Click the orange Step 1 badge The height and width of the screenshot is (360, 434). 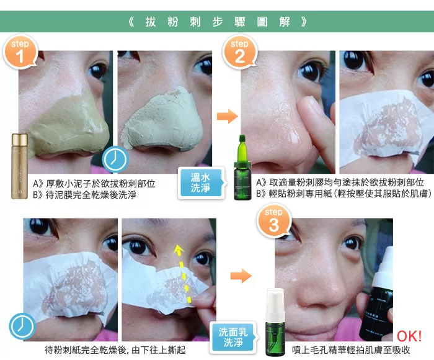[x=20, y=52]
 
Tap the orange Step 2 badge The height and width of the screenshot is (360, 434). [x=240, y=52]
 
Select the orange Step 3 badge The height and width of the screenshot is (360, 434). [x=274, y=221]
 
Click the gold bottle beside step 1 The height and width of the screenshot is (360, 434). [x=19, y=166]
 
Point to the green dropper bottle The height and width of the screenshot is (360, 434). [x=242, y=168]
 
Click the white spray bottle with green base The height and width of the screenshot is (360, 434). [x=275, y=322]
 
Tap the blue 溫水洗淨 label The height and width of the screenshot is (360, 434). [x=201, y=183]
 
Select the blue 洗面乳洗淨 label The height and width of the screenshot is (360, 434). [x=234, y=337]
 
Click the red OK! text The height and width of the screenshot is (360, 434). [x=409, y=336]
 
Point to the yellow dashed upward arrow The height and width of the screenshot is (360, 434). [x=183, y=272]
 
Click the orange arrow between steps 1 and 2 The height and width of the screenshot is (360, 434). [x=228, y=116]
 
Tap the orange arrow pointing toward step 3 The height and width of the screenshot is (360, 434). [x=241, y=276]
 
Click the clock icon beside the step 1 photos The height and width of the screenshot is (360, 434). [x=115, y=160]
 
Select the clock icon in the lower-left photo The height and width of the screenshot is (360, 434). [x=22, y=326]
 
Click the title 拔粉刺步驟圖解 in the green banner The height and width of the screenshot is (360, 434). [x=218, y=22]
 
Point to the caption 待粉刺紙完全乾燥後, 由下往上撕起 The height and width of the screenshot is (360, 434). [x=115, y=350]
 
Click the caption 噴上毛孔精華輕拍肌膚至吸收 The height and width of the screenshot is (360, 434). [x=351, y=350]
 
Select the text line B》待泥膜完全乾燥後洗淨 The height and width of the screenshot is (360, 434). [x=84, y=194]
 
